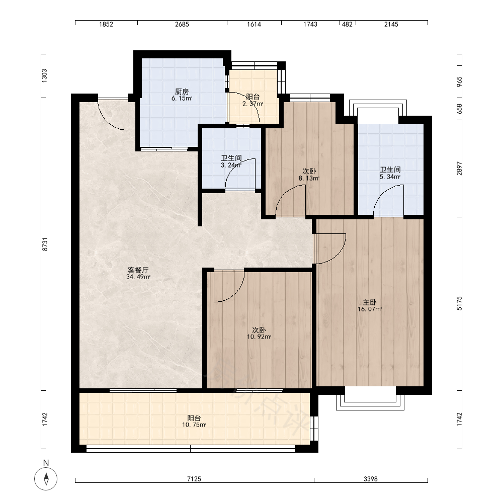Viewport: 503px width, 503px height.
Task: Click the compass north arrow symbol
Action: click(x=46, y=479)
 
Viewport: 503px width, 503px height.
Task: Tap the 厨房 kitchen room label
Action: click(x=182, y=92)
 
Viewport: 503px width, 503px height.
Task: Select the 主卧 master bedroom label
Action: click(x=370, y=302)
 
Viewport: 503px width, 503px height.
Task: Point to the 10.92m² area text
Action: click(x=259, y=337)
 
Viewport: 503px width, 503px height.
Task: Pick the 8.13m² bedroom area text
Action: click(x=309, y=178)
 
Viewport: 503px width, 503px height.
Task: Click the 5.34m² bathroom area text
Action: click(x=390, y=177)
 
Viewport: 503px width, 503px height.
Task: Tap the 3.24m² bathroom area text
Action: click(x=231, y=165)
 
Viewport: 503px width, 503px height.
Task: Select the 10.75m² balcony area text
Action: click(x=194, y=425)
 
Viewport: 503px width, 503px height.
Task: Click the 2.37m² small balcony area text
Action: click(x=253, y=104)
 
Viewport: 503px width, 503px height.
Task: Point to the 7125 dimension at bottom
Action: click(x=194, y=479)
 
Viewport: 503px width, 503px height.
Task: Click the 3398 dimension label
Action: click(x=371, y=479)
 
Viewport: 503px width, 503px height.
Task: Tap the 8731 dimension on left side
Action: click(x=45, y=244)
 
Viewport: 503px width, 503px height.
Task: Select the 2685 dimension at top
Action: click(x=182, y=24)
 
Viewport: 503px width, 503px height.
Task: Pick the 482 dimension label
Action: click(x=348, y=24)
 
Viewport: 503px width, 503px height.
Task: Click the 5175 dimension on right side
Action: click(x=459, y=303)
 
